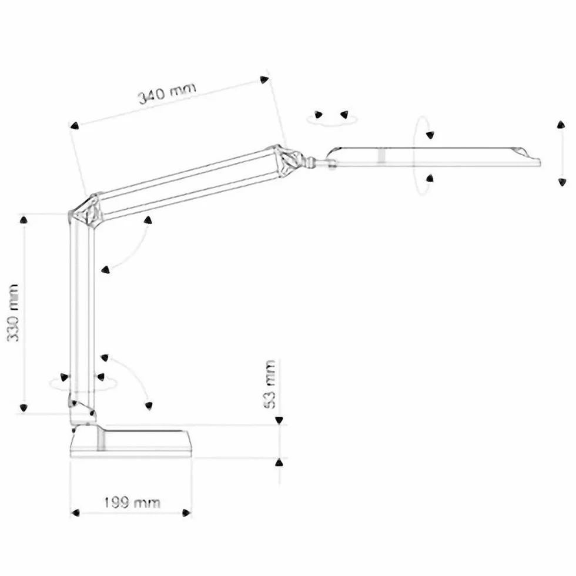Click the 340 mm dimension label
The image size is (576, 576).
[x=167, y=93]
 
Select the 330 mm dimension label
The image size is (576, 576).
[x=13, y=313]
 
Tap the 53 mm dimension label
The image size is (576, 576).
[x=270, y=384]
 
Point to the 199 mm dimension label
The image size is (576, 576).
[x=132, y=503]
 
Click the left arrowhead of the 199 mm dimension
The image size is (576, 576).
[x=75, y=513]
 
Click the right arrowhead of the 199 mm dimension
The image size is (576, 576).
[x=187, y=513]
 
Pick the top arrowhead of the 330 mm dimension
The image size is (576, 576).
[x=24, y=220]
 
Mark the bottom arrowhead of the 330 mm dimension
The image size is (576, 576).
[x=24, y=407]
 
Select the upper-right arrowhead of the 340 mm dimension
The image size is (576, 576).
[x=264, y=79]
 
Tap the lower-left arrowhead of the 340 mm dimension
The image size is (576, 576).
[x=75, y=126]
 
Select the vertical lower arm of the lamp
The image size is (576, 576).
[x=82, y=312]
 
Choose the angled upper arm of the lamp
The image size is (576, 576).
[x=187, y=181]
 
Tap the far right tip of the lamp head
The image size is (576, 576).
[x=540, y=162]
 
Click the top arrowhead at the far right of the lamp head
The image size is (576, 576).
[x=561, y=125]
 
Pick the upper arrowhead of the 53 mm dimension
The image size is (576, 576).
[x=279, y=420]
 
